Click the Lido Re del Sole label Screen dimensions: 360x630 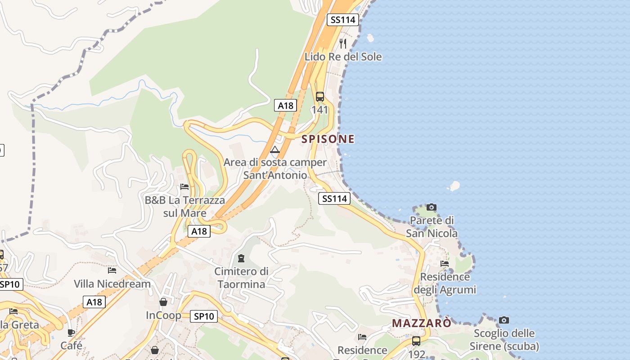(x=343, y=57)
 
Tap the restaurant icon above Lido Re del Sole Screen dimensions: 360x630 (x=343, y=43)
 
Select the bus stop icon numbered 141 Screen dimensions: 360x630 (x=320, y=97)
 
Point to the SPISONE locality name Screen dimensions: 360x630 (x=328, y=139)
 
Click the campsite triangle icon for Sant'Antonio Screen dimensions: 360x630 (x=274, y=149)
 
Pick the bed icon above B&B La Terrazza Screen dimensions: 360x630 (x=184, y=186)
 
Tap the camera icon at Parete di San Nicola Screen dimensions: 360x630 (x=432, y=207)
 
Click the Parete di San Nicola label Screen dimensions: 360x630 (x=432, y=227)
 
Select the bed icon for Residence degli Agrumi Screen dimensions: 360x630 (x=445, y=264)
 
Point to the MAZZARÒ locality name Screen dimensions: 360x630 (x=421, y=323)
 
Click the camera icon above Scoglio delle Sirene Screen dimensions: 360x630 (x=504, y=320)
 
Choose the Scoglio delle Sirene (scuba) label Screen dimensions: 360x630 (x=504, y=340)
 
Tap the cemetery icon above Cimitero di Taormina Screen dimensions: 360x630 (x=241, y=258)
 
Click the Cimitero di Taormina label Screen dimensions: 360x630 (x=241, y=278)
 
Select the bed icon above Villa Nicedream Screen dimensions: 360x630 (x=112, y=270)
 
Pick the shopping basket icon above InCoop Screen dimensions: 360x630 (x=163, y=301)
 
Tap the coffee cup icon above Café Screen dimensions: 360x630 (x=71, y=333)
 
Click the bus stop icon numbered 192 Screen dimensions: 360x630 (x=416, y=341)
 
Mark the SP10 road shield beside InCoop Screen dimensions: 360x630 (x=203, y=316)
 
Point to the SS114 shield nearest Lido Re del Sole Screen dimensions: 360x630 (x=343, y=20)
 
